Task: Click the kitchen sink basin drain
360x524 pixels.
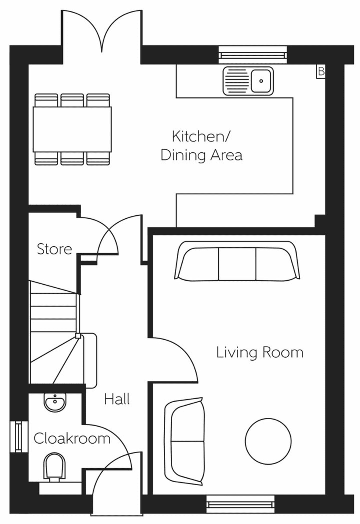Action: tap(261, 81)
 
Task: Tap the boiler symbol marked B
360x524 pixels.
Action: tap(321, 71)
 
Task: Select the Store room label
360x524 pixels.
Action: tap(54, 249)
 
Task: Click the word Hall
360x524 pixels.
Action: tap(117, 399)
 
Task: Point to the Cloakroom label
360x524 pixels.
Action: tap(72, 438)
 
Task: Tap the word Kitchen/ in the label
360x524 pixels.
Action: tap(201, 137)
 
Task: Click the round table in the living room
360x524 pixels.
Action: tap(268, 441)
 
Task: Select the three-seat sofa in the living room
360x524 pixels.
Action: tap(237, 261)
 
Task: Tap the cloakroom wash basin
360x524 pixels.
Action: tap(55, 402)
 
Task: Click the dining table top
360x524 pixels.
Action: tap(72, 129)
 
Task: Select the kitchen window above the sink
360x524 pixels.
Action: tap(253, 55)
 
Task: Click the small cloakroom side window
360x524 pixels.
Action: tap(19, 437)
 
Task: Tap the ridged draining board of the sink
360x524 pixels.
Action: tap(237, 81)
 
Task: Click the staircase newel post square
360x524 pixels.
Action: tap(78, 336)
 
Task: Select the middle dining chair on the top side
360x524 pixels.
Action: tap(72, 100)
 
